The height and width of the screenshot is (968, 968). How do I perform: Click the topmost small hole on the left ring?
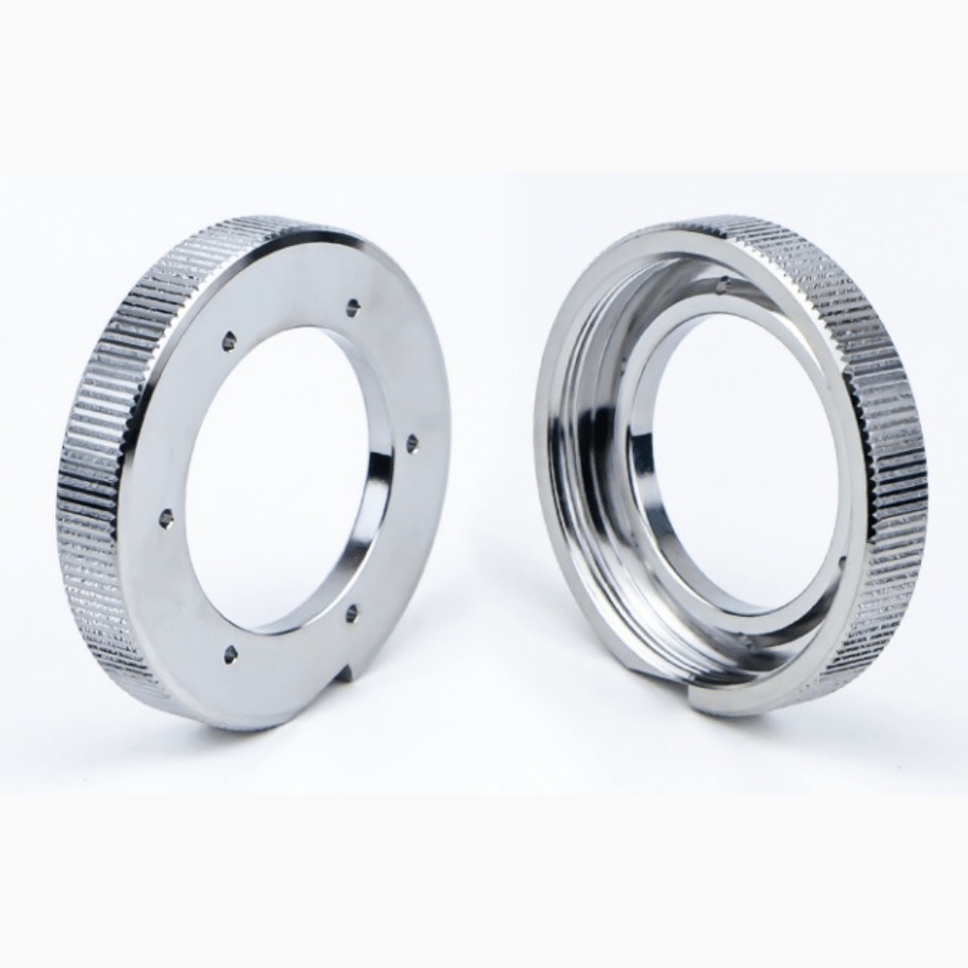[x=352, y=307]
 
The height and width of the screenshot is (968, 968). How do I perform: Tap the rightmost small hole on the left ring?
[x=412, y=443]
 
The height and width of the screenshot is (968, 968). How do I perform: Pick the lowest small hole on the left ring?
[x=230, y=654]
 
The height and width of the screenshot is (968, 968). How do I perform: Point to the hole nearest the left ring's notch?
[x=351, y=612]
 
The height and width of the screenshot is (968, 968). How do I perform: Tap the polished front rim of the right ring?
[x=552, y=542]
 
